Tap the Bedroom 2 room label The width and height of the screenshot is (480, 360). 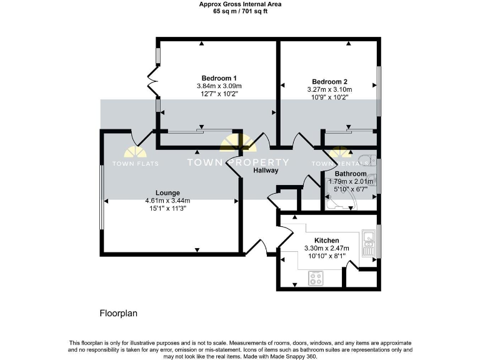[x=329, y=81]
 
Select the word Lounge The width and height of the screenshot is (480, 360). [x=168, y=192]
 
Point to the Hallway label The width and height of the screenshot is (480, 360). [x=266, y=170]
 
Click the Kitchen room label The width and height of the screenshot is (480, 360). [x=326, y=241]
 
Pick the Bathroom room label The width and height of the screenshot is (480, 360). [x=350, y=173]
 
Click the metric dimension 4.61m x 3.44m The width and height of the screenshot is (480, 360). [x=168, y=201]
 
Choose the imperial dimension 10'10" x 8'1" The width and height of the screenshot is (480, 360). [x=326, y=256]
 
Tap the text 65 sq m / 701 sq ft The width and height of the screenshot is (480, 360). [x=240, y=11]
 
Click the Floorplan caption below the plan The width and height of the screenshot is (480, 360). [x=119, y=312]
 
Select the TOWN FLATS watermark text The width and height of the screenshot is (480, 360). [x=135, y=164]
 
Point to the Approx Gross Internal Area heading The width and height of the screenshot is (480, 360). [x=240, y=4]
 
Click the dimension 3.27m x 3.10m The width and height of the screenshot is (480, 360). [x=329, y=89]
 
